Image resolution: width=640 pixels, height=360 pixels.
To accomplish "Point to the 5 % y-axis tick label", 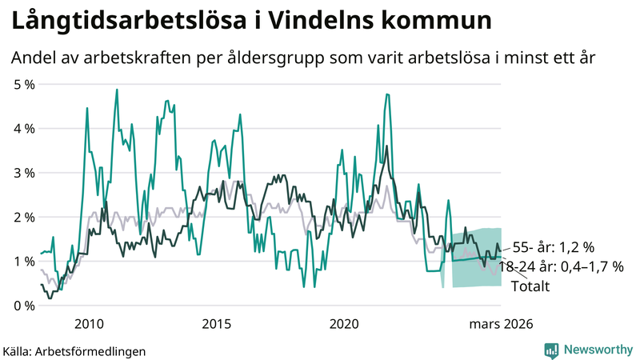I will [23, 84].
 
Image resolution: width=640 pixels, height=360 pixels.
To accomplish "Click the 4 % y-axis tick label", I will [23, 128].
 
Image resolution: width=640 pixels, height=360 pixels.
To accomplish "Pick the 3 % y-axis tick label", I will [23, 173].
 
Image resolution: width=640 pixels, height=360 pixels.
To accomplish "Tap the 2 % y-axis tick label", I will [23, 217].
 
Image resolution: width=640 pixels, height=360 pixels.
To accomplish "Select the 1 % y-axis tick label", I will [23, 262].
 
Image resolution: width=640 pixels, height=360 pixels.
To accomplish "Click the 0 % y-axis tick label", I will [23, 306].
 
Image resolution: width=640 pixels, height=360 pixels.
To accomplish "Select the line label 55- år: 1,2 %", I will [554, 247].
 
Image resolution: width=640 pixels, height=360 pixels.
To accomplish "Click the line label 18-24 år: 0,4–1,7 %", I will [560, 266].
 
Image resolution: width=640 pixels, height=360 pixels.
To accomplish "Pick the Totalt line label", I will [530, 286].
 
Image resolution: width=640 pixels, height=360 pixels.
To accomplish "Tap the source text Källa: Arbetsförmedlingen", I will [74, 350].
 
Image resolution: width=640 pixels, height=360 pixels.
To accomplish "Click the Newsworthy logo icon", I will [551, 350].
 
